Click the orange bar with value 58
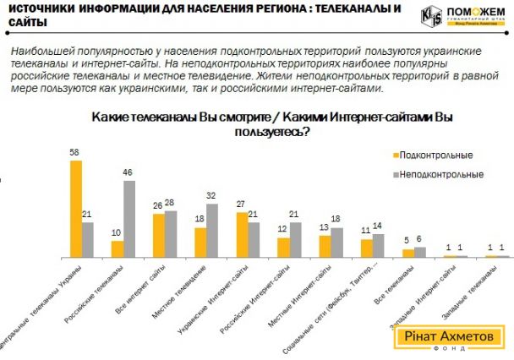coord(75,208)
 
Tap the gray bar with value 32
coord(212,231)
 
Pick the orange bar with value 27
coord(242,235)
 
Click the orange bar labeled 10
coord(118,249)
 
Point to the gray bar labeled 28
coord(171,234)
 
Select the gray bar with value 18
coord(337,243)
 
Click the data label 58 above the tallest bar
coord(74,153)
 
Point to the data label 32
coord(212,197)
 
